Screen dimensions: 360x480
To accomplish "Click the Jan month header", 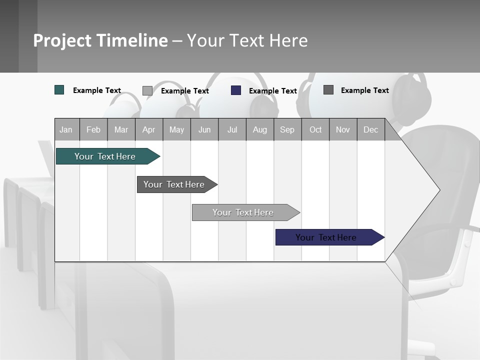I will [x=66, y=129].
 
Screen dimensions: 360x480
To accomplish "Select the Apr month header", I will [x=148, y=129].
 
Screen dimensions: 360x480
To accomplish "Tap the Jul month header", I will [x=232, y=129].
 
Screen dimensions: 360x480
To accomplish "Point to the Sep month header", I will [x=287, y=129].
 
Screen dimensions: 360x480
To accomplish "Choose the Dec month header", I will [x=370, y=129].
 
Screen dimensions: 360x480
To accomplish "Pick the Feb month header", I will [x=93, y=129].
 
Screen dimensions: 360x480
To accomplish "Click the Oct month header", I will [x=315, y=129].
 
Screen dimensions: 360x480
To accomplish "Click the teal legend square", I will [x=59, y=90].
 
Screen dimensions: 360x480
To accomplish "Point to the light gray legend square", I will [x=147, y=90].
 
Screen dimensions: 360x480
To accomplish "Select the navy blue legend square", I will [x=236, y=90].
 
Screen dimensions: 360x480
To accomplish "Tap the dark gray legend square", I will [x=328, y=90].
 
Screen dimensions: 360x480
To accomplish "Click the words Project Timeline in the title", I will [x=100, y=40].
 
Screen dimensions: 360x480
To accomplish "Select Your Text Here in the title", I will [x=247, y=40].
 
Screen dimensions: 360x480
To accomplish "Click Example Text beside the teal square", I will [x=97, y=90].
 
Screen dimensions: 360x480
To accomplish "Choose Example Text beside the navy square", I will [x=273, y=91].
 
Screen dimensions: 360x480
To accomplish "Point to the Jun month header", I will [x=204, y=129].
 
